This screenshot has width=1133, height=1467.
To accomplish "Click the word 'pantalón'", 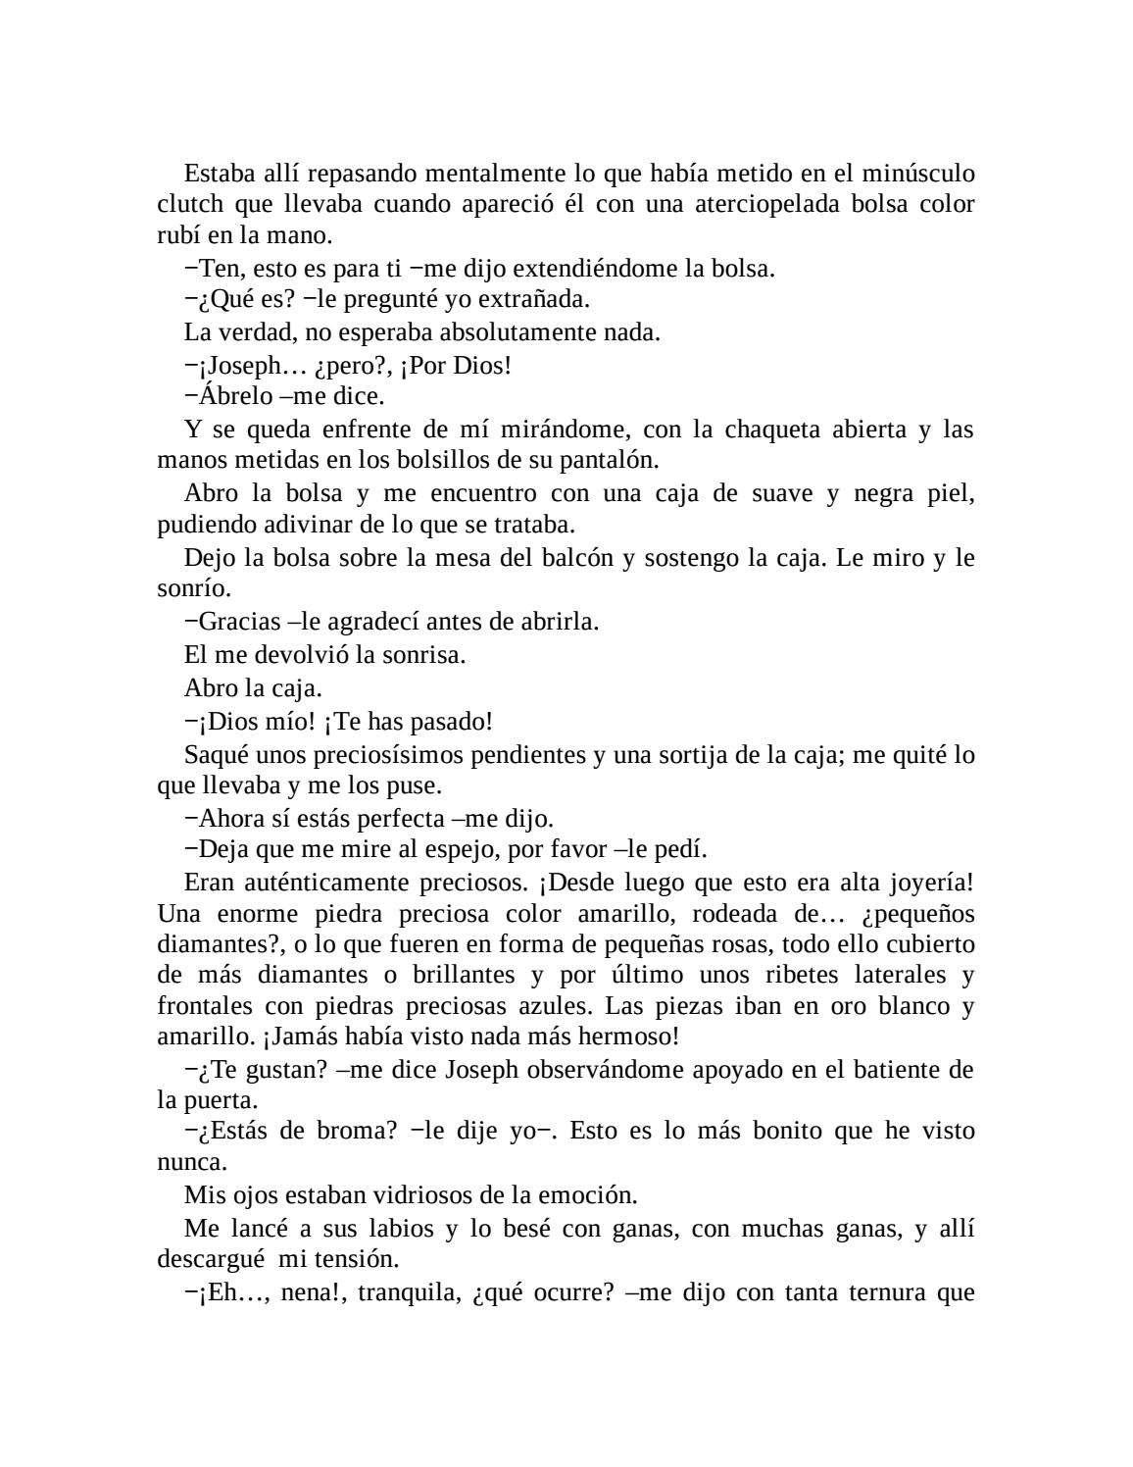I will [x=609, y=460].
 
